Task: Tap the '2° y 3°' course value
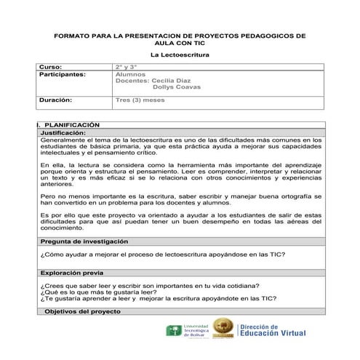point(127,66)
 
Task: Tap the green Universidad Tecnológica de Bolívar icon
point(175,331)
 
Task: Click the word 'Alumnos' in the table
point(131,74)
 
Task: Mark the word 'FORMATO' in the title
point(71,35)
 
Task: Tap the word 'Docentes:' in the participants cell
point(132,81)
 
